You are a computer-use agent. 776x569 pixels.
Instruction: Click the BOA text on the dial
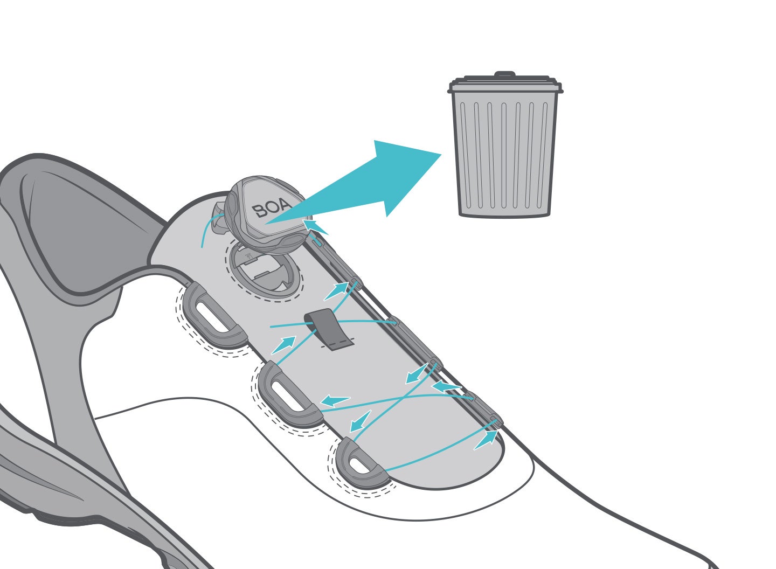pos(272,207)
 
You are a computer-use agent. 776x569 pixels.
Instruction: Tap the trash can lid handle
pos(505,74)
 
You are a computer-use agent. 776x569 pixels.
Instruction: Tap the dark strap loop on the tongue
pos(329,329)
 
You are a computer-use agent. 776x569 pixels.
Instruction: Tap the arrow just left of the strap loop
pos(283,345)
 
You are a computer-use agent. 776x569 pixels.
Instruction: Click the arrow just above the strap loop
pos(335,291)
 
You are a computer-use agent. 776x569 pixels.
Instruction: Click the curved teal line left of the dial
pos(209,228)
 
